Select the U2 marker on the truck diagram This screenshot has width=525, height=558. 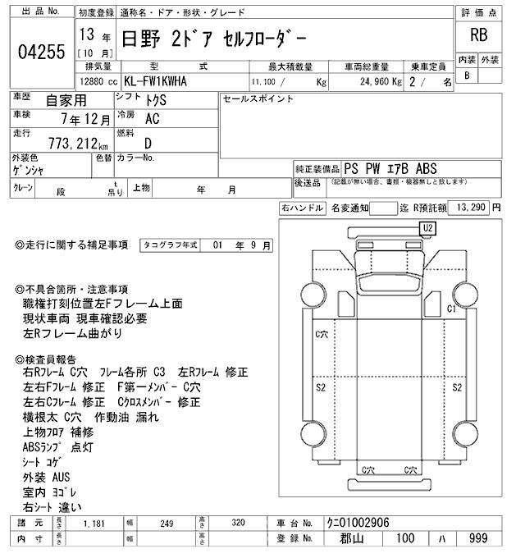(x=427, y=226)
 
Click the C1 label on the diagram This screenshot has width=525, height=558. (x=451, y=309)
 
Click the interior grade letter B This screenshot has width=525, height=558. (x=467, y=75)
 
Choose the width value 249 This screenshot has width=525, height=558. (x=168, y=522)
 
